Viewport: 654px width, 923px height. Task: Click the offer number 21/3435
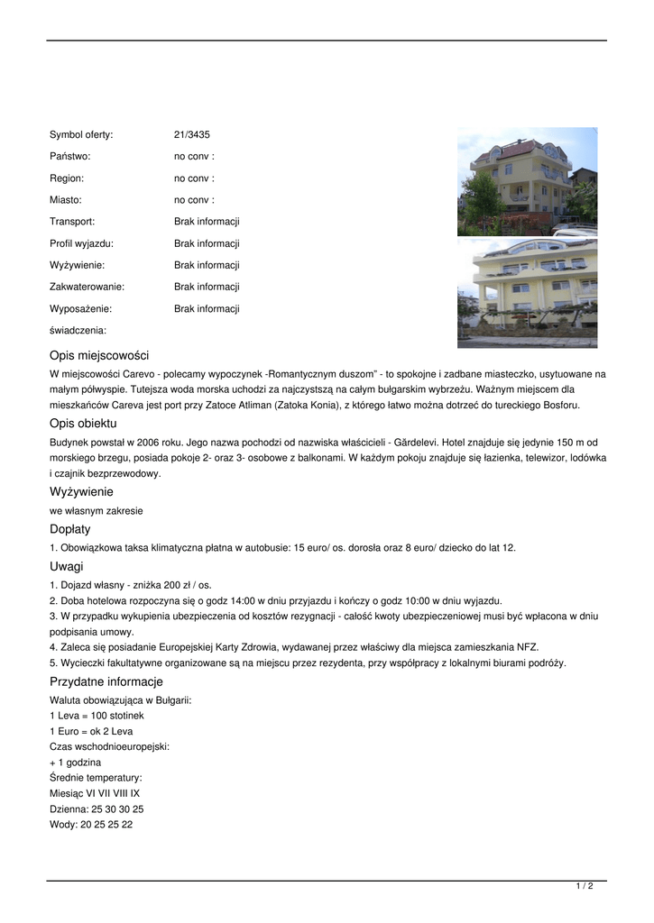point(191,134)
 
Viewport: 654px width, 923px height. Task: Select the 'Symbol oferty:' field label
point(81,134)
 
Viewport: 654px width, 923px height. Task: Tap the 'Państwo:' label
point(70,156)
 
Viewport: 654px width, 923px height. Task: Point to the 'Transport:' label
point(72,221)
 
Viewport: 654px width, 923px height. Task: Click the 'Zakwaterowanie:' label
point(87,287)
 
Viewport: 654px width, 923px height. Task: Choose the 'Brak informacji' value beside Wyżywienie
point(207,265)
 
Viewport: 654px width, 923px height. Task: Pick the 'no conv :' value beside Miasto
point(194,199)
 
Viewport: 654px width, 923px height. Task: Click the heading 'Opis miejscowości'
point(99,355)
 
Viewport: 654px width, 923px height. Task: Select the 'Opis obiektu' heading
point(84,423)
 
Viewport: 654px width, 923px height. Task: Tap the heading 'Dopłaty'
point(70,529)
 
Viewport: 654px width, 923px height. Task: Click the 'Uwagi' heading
point(67,566)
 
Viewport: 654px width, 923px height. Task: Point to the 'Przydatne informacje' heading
point(106,681)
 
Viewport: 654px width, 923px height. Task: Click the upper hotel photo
point(527,181)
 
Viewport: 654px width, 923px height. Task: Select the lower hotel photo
point(527,292)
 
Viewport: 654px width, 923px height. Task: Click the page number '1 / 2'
point(585,886)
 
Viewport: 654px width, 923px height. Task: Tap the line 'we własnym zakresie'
point(97,510)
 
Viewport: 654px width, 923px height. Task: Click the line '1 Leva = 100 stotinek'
point(97,715)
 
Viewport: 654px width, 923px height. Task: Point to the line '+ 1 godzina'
point(76,762)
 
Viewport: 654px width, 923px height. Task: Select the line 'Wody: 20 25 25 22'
point(91,824)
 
